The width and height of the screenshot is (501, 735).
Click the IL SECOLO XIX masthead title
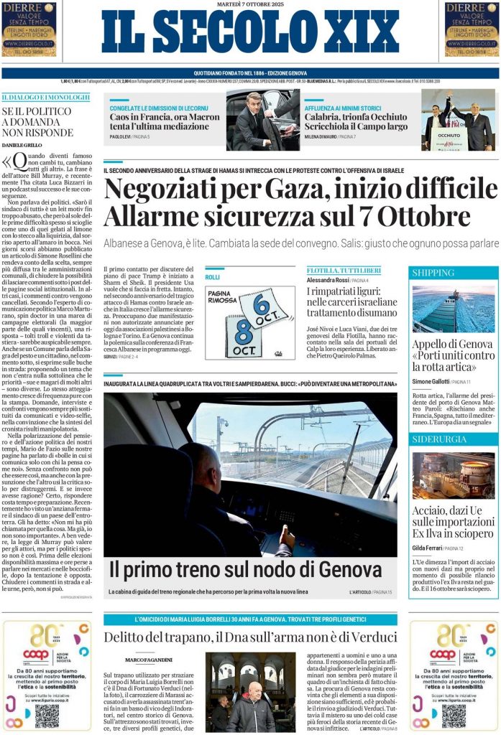(x=250, y=32)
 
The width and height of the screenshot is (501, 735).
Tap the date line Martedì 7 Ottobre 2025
(x=250, y=4)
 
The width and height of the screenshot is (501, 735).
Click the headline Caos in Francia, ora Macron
(x=165, y=116)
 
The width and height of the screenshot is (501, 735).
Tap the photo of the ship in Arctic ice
(x=453, y=309)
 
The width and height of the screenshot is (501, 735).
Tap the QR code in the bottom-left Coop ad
(x=47, y=715)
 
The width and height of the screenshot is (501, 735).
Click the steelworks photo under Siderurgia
(x=453, y=475)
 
